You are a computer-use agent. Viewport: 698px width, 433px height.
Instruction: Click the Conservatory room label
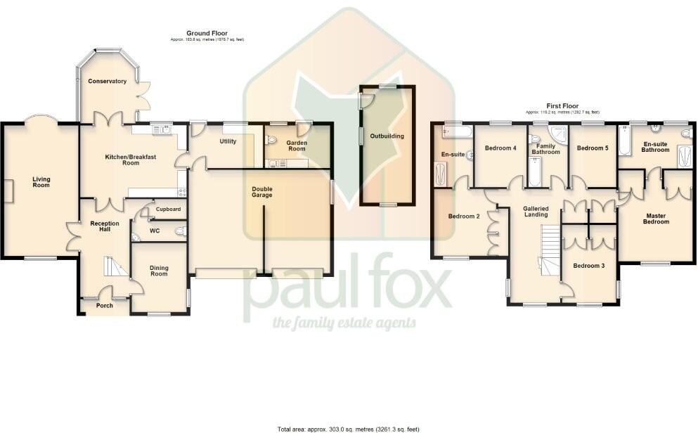(107, 82)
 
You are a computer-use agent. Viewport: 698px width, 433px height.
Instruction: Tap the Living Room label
(41, 183)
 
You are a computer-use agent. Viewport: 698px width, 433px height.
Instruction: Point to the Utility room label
(228, 141)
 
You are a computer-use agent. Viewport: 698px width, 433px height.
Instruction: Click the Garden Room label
(297, 146)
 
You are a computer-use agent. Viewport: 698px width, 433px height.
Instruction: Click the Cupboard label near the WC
(168, 209)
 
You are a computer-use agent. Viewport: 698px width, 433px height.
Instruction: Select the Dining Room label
(159, 270)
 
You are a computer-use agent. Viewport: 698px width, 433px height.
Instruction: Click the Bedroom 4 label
(500, 148)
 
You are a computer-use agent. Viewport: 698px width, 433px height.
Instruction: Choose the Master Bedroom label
(656, 218)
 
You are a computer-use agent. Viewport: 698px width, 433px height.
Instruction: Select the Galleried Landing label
(536, 212)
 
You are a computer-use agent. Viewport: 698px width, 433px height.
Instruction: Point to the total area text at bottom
(349, 427)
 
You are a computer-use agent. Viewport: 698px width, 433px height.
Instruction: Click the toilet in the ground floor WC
(181, 231)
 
